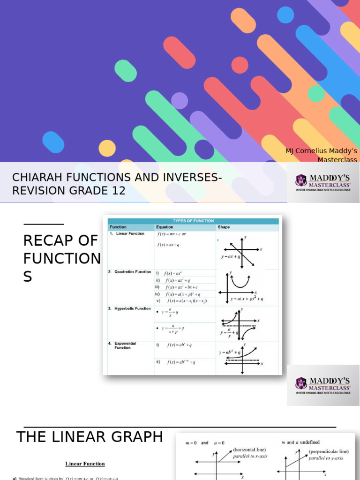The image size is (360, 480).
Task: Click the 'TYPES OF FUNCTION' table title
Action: click(x=193, y=221)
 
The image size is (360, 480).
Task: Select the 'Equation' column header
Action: click(x=165, y=227)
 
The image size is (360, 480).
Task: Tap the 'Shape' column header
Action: click(x=224, y=227)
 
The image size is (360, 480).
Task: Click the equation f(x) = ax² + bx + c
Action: click(x=180, y=287)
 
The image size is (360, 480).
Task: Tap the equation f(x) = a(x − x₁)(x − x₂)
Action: click(x=185, y=301)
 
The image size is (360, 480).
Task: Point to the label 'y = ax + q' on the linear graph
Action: click(x=231, y=257)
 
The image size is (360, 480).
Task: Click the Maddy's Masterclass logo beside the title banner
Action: click(x=323, y=183)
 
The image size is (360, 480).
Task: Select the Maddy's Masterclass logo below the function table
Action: click(x=323, y=385)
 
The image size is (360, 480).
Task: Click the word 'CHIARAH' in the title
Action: click(x=36, y=178)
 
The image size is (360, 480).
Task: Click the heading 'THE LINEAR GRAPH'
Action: click(x=90, y=437)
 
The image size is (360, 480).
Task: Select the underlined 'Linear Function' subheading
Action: click(x=85, y=464)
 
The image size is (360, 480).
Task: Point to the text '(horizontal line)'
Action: click(x=250, y=450)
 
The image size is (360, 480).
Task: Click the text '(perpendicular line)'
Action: click(x=328, y=451)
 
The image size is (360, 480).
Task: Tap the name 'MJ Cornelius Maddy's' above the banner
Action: click(x=321, y=151)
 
